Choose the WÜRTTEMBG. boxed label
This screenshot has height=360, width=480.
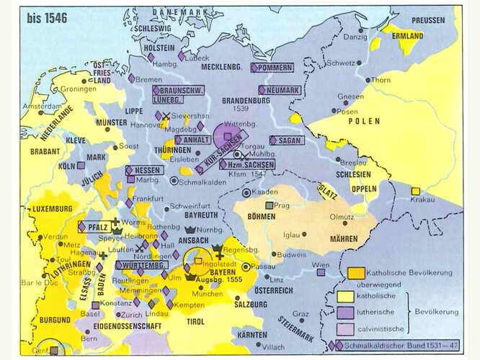(x=141, y=265)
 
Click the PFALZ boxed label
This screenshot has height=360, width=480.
(x=97, y=225)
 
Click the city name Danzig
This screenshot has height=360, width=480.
(x=356, y=36)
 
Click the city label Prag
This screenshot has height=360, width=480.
(x=283, y=205)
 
